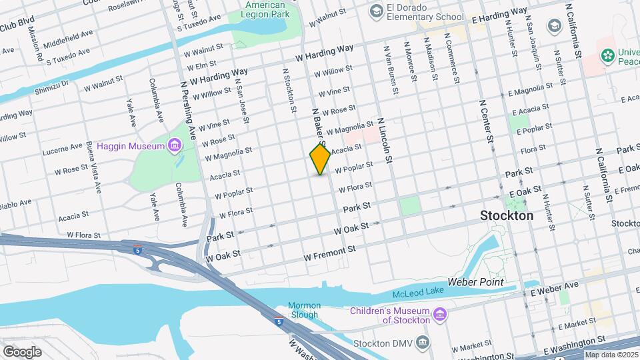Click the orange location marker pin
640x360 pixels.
point(320,159)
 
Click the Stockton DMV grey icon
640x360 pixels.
point(422,343)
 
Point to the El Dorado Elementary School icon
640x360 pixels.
point(376,11)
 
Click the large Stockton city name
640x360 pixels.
point(507,216)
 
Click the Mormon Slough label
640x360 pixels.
point(304,310)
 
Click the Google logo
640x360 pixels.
point(21,351)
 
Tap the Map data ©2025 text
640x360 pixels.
point(611,355)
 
